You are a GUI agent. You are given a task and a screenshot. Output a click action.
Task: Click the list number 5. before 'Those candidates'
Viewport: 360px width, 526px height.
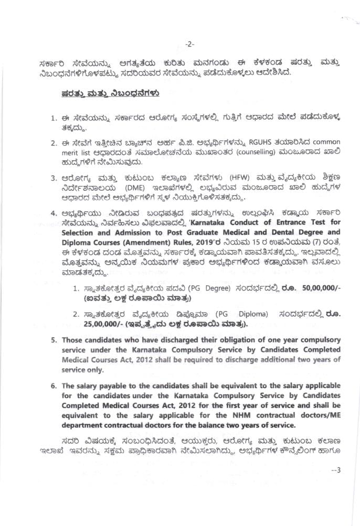54,340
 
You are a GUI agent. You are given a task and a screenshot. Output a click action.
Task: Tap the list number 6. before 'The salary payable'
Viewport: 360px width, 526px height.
54,385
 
